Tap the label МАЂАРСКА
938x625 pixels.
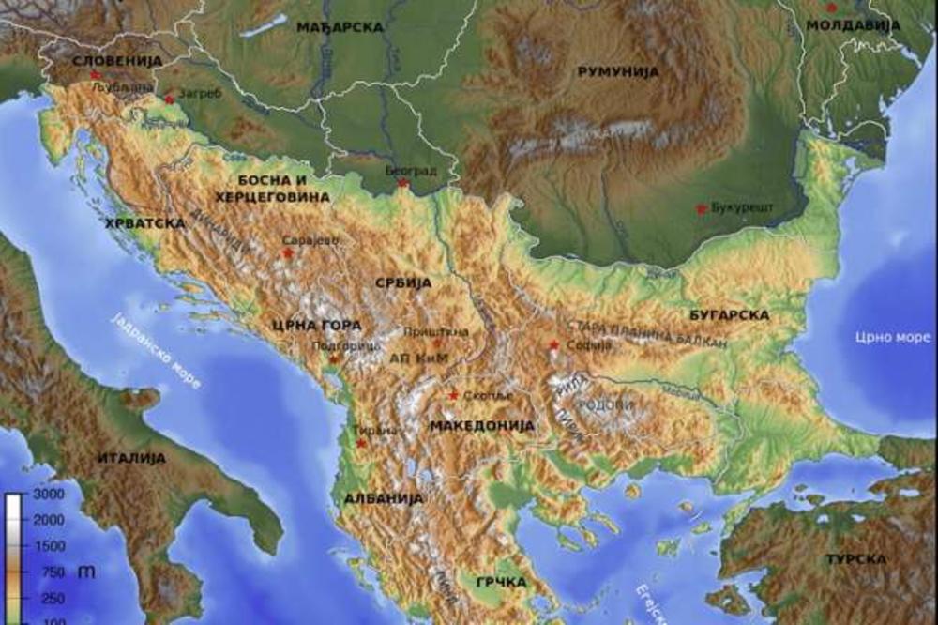pyautogui.click(x=340, y=27)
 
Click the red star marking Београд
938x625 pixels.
pyautogui.click(x=403, y=183)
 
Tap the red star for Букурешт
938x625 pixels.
pyautogui.click(x=700, y=207)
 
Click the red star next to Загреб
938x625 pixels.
pyautogui.click(x=169, y=99)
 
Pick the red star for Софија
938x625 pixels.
pyautogui.click(x=554, y=345)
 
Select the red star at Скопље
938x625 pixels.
pyautogui.click(x=454, y=395)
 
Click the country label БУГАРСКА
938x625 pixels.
pyautogui.click(x=729, y=315)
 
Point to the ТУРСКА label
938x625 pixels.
pyautogui.click(x=855, y=559)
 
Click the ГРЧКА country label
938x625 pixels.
pyautogui.click(x=501, y=582)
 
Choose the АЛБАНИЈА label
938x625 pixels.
pyautogui.click(x=383, y=498)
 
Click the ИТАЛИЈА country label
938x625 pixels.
pyautogui.click(x=131, y=458)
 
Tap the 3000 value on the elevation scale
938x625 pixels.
pyautogui.click(x=48, y=495)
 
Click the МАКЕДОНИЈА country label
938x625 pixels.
pyautogui.click(x=481, y=425)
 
